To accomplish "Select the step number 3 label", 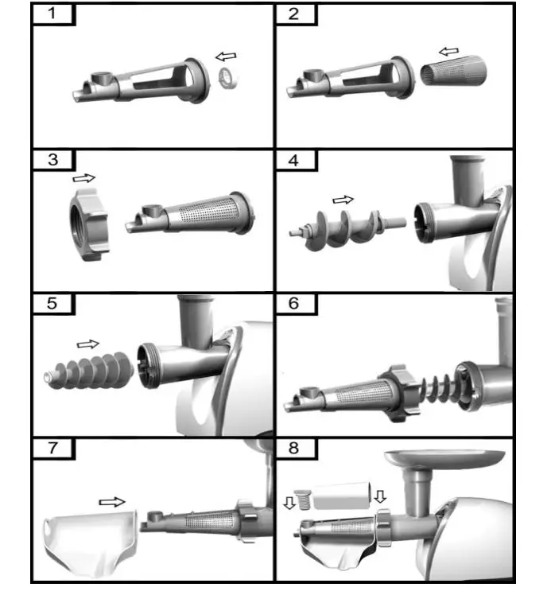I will click(52, 160).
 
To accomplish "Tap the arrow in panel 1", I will click(227, 56).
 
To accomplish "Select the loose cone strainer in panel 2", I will click(452, 76).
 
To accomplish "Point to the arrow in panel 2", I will click(449, 52).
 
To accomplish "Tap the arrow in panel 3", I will click(83, 179).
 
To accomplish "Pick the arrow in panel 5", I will click(87, 344).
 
